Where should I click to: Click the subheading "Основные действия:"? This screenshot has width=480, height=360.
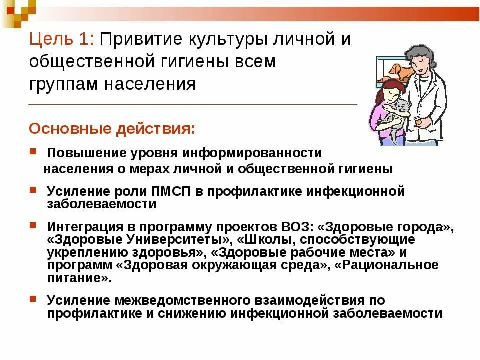pos(112,129)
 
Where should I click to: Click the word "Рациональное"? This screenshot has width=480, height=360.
pos(390,265)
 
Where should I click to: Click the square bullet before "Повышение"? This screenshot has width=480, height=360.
pos(32,150)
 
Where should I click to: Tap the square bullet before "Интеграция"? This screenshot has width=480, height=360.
pos(32,225)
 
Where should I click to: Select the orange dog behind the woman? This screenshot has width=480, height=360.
pos(400,72)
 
